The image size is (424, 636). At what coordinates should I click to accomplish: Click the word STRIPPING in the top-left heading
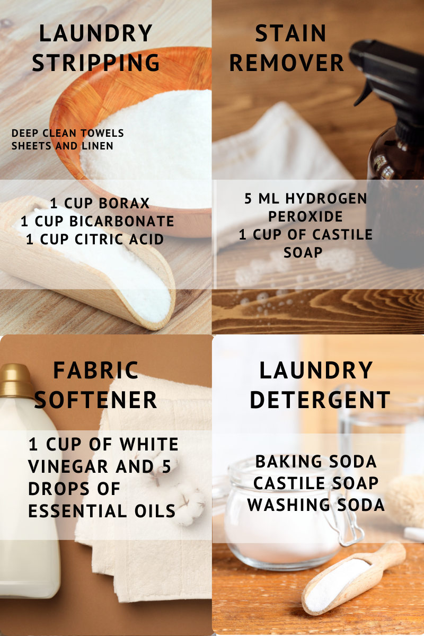pos(96,63)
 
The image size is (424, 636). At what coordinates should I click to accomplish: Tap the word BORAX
pos(124,204)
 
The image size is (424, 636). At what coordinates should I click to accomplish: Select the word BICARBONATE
pos(121,222)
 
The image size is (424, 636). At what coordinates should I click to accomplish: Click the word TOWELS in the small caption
pos(102,133)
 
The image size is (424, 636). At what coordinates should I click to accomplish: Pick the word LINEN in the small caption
pos(97,146)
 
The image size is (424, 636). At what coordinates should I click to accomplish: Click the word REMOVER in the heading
pos(287,63)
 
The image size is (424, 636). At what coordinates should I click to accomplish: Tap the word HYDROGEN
pos(326,198)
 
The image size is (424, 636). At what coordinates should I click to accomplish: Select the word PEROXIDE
pos(306,216)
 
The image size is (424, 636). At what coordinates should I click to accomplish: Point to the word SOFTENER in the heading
pos(95,400)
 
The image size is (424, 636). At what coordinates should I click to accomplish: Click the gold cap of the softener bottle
pos(15,381)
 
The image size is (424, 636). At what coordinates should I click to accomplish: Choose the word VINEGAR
pos(68,466)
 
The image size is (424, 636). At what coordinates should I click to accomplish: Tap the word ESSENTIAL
pos(77,511)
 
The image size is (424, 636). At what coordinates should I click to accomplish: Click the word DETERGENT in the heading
pos(320,400)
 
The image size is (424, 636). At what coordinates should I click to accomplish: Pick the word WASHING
pos(288,505)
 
